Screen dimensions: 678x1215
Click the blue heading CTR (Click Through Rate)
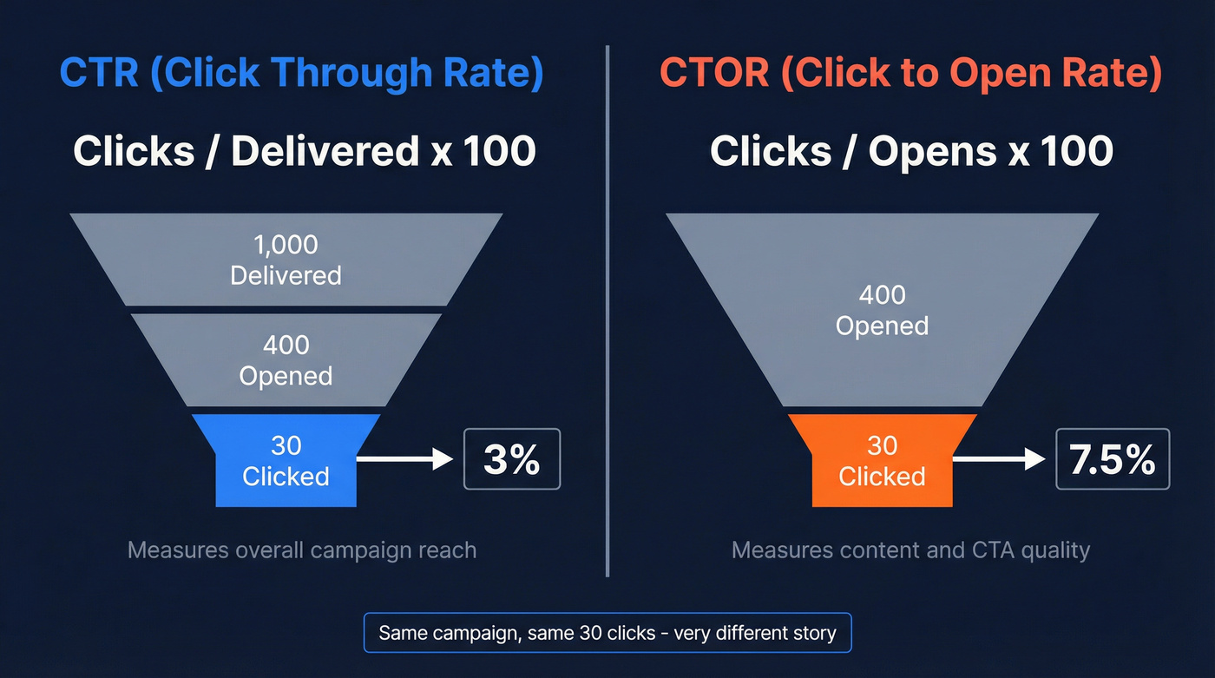(x=301, y=73)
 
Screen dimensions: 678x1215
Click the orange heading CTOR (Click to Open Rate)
(x=910, y=73)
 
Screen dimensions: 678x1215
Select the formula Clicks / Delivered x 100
(x=304, y=152)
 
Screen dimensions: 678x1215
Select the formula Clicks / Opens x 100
(x=911, y=152)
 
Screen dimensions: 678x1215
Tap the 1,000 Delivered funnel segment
(x=286, y=260)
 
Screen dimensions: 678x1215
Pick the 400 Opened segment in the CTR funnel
(x=286, y=360)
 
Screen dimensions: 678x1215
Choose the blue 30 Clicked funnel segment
(x=286, y=461)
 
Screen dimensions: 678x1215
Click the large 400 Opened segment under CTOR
(x=882, y=310)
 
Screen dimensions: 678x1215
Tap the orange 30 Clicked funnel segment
(x=882, y=461)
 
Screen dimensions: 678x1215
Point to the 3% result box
(x=512, y=459)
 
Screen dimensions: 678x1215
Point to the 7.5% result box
(x=1112, y=459)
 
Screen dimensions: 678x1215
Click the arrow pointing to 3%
(x=405, y=459)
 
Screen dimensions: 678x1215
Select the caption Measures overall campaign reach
(x=302, y=550)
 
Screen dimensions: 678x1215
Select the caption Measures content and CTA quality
(x=910, y=550)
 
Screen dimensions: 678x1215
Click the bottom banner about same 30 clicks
(x=607, y=633)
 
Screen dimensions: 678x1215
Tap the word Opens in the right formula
(x=930, y=152)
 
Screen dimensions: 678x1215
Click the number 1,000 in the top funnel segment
(x=286, y=246)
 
